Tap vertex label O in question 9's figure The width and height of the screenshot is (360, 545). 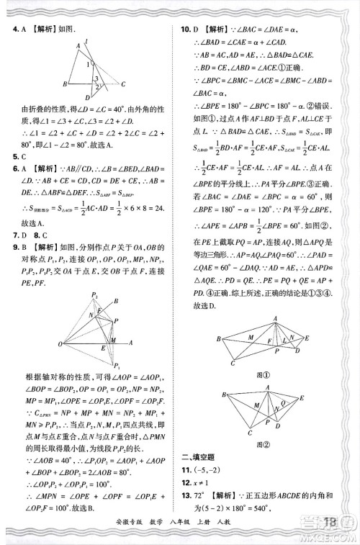[60, 344]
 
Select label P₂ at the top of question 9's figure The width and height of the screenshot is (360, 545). [94, 296]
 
